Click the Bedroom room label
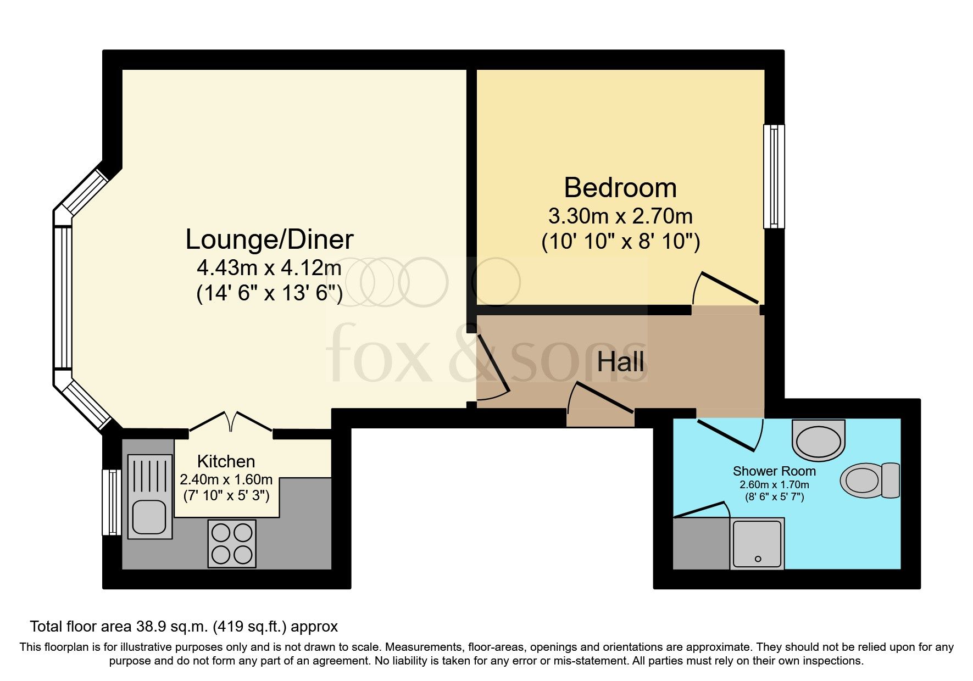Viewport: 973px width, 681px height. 620,188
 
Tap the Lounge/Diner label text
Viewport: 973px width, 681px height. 269,239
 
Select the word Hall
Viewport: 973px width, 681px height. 620,362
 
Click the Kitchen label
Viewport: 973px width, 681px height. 226,461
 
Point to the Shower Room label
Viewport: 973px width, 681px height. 774,471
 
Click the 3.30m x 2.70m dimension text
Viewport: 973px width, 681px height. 620,216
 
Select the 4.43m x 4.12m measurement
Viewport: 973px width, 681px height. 269,268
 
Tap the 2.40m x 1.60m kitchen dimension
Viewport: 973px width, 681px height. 226,479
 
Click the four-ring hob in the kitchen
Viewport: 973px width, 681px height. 232,543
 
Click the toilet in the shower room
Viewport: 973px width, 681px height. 870,480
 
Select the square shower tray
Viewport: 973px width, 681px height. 757,543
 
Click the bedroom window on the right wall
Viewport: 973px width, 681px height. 774,176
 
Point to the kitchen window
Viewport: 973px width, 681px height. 112,502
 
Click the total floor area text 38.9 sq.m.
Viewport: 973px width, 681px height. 184,627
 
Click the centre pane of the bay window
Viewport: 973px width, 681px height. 63,297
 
